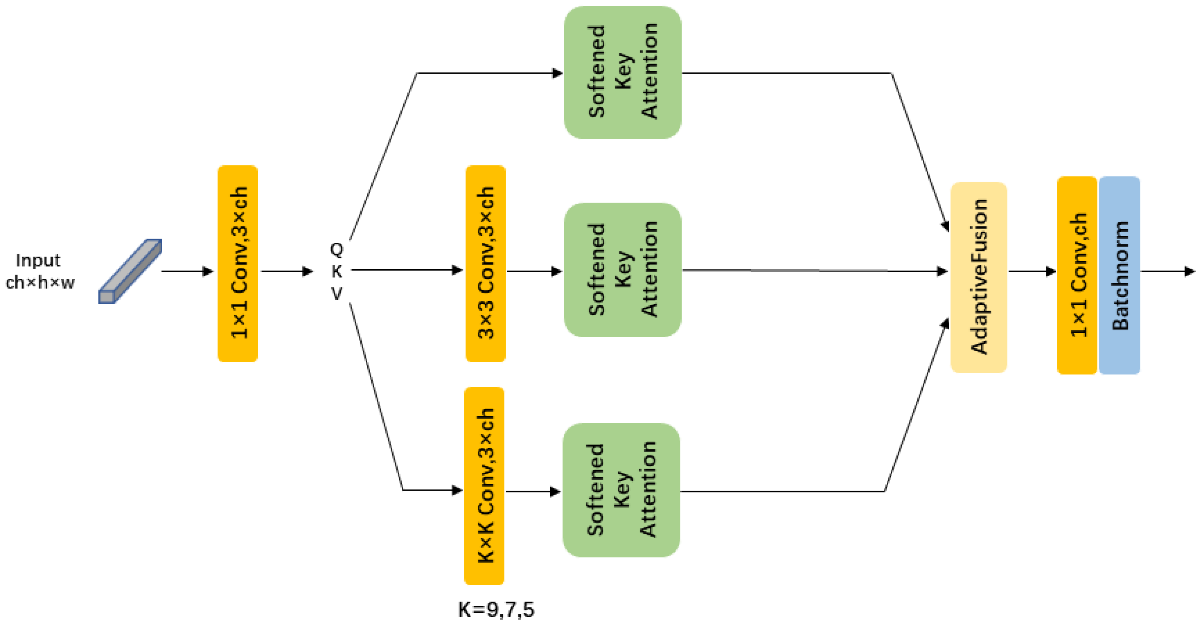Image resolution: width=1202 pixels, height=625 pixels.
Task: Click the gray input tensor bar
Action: point(130,271)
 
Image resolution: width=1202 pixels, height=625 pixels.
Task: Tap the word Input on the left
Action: point(38,260)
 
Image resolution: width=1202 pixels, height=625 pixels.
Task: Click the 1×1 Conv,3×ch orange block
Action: point(238,264)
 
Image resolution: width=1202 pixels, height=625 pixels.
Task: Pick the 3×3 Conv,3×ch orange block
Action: point(485,264)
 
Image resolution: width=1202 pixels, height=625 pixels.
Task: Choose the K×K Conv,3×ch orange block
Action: point(484,486)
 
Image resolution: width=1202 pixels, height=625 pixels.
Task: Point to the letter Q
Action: point(336,250)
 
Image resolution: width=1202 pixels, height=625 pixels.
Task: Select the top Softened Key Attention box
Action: point(622,72)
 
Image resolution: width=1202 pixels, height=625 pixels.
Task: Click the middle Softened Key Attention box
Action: point(622,270)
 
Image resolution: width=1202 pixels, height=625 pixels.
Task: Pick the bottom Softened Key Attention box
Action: point(621,490)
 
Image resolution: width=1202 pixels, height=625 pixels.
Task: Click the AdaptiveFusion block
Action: point(978,277)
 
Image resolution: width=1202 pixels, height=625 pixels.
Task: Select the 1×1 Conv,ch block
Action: point(1076,276)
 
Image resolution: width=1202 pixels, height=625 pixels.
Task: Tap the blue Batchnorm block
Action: point(1120,276)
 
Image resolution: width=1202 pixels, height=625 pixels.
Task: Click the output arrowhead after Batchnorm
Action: point(1189,271)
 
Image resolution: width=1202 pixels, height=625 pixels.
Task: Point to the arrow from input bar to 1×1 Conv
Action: point(187,271)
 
